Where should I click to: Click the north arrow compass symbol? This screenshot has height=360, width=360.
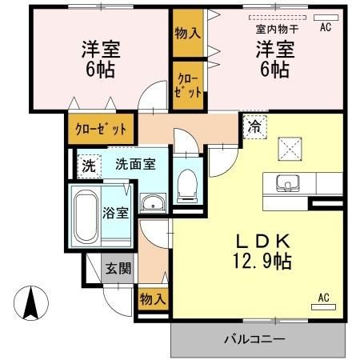coord(31,303)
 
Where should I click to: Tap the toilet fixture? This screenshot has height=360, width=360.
coord(187,186)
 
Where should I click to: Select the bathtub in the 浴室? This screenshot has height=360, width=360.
coord(86,216)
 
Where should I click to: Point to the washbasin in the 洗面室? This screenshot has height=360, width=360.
coord(153,202)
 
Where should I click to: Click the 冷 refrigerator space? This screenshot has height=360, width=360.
coord(255,127)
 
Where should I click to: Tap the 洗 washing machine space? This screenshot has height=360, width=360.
coord(89,166)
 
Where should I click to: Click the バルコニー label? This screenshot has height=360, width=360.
coord(254,339)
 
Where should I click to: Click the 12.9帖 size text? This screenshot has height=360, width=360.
coord(262,261)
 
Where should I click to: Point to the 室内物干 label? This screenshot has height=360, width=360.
coord(277,29)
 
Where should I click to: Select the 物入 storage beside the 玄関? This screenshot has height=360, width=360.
coord(154,299)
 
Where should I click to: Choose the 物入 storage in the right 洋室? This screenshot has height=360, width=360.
coord(188,33)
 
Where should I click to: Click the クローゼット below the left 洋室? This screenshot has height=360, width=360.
coord(101,129)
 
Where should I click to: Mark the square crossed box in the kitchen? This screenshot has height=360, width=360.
coord(290,149)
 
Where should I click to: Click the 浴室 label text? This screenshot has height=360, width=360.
coord(116,213)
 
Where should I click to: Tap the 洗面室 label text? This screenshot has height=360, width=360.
coord(135,164)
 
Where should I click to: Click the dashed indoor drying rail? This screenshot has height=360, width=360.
coord(278,18)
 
